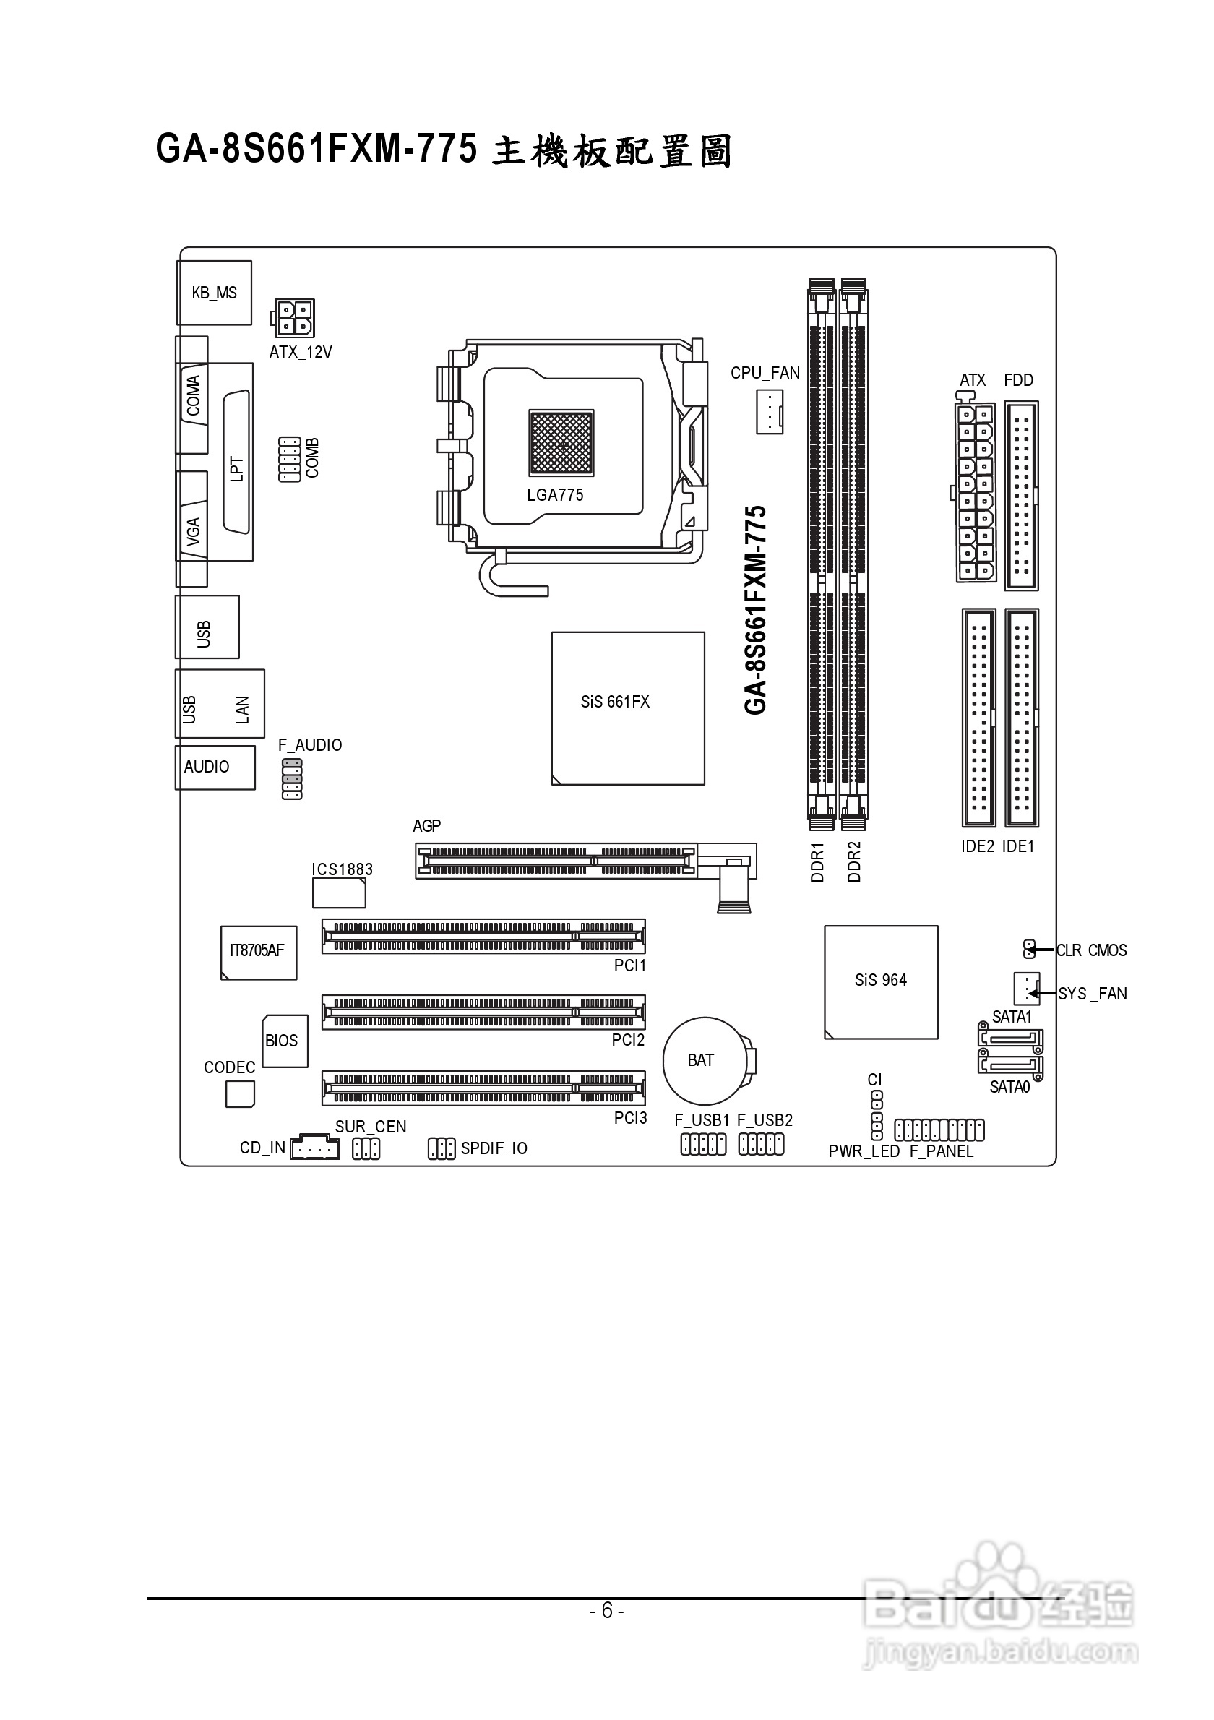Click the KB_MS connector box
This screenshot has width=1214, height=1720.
[214, 293]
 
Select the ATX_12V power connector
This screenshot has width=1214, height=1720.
[292, 319]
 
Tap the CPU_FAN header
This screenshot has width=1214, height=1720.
[769, 411]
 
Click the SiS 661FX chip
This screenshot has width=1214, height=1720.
[629, 709]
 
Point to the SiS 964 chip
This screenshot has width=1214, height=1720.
[882, 982]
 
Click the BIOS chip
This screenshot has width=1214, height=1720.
[285, 1041]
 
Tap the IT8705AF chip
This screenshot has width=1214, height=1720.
[259, 953]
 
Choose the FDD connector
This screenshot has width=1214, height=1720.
[1022, 496]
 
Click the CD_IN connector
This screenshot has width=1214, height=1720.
[314, 1147]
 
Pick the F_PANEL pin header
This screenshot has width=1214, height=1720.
[939, 1130]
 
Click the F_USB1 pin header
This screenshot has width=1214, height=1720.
[703, 1144]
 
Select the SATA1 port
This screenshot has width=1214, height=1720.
[1010, 1039]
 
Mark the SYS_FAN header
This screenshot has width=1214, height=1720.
[1027, 989]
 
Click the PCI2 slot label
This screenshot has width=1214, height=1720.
[629, 1040]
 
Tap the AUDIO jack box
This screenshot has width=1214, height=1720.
[215, 767]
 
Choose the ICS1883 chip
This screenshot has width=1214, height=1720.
[339, 893]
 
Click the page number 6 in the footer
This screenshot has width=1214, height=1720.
[606, 1611]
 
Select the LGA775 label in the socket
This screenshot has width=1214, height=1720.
[555, 494]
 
